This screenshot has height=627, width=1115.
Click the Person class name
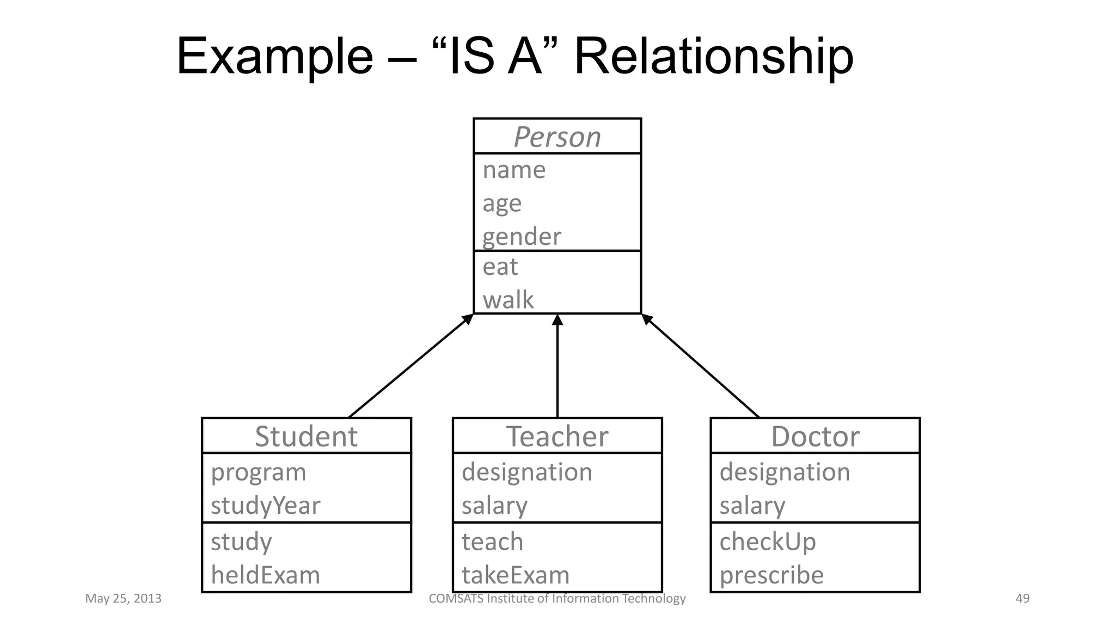[557, 137]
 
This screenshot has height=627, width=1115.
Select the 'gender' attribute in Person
[522, 237]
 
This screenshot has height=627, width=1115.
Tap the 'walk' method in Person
[508, 300]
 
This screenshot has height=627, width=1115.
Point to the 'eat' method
[500, 267]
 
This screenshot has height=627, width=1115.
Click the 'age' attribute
[501, 204]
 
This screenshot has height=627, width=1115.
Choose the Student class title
[306, 436]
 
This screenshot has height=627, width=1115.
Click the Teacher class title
[557, 436]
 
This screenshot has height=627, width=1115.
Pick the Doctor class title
[815, 436]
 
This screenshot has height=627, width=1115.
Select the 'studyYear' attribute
[265, 505]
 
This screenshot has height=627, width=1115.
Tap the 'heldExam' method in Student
[265, 575]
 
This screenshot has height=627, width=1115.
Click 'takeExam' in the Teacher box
[515, 575]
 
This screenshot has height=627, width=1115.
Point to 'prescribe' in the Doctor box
[771, 575]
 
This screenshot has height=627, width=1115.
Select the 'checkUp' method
[767, 542]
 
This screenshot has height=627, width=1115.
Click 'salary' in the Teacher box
[494, 506]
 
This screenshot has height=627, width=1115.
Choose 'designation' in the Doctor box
[785, 472]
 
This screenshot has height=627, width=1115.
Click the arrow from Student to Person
[410, 366]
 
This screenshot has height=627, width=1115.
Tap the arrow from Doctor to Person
[701, 366]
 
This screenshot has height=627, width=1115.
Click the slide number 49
[1022, 598]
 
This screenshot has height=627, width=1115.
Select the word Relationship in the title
[713, 56]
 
